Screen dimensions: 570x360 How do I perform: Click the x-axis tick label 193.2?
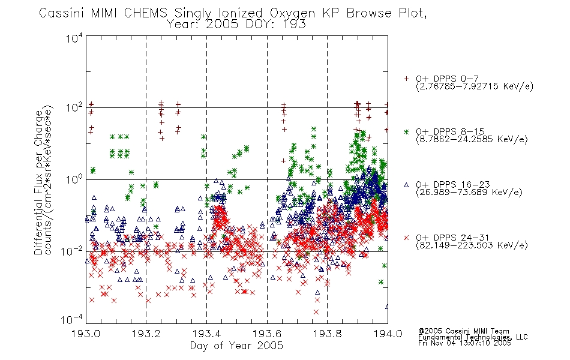click(x=146, y=334)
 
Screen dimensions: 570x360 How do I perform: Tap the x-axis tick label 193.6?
click(x=267, y=334)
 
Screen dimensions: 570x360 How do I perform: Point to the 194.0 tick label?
click(x=388, y=334)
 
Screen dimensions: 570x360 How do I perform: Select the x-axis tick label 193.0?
click(x=86, y=334)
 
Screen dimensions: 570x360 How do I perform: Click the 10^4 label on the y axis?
click(x=74, y=38)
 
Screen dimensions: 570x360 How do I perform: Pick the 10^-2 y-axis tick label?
click(x=73, y=251)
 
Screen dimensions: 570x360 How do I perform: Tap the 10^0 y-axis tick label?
click(x=74, y=179)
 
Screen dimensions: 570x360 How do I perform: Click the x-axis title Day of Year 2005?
click(x=236, y=346)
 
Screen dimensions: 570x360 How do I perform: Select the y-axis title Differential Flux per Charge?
click(x=38, y=182)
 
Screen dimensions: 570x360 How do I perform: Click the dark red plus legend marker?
click(x=406, y=79)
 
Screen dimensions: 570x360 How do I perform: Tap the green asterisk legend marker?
click(x=406, y=131)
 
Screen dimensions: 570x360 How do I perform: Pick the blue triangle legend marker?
click(x=406, y=185)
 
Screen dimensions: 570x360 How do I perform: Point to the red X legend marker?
click(x=406, y=238)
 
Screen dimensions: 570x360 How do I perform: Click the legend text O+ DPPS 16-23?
click(x=453, y=185)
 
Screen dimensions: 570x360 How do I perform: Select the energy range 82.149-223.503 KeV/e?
click(x=472, y=245)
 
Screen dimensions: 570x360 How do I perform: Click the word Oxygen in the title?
click(x=292, y=13)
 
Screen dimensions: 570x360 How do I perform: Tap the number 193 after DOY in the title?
click(x=295, y=25)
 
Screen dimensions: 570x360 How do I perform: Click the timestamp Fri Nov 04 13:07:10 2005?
click(x=464, y=343)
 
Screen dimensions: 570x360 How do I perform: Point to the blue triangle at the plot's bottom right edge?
click(x=387, y=307)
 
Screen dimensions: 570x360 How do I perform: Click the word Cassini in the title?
click(x=62, y=13)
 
